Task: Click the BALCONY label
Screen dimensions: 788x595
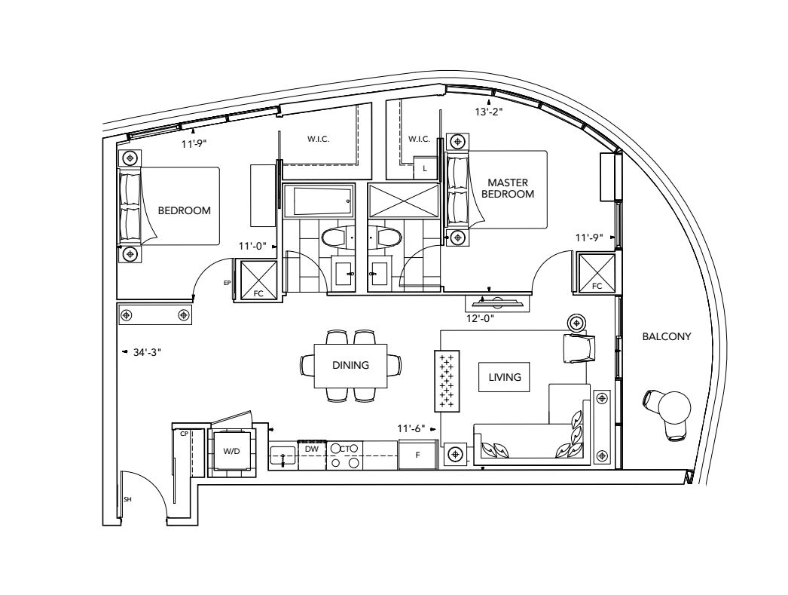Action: coord(667,336)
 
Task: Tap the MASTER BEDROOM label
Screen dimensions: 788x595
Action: coord(508,188)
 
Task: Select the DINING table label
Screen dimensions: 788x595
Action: coord(350,365)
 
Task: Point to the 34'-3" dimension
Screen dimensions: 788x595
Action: coord(147,353)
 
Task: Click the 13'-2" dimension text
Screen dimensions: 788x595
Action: coord(489,112)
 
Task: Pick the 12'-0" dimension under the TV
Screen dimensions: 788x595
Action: coord(481,318)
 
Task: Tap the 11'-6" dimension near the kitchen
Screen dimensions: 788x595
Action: coord(411,428)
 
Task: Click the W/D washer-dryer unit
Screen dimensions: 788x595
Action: coord(231,451)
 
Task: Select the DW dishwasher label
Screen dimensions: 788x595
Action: coord(312,449)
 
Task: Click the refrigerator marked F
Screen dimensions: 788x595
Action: coord(417,455)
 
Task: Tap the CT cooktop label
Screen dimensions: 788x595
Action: coord(345,449)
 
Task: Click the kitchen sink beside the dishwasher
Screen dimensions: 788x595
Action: coord(283,455)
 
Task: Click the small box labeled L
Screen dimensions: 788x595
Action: coord(425,167)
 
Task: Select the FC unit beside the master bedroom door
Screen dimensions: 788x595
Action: coord(597,273)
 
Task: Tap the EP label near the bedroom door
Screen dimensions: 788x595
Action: coord(228,283)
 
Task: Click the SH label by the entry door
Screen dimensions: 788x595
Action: coord(127,499)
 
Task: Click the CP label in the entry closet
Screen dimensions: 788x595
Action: coord(184,434)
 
